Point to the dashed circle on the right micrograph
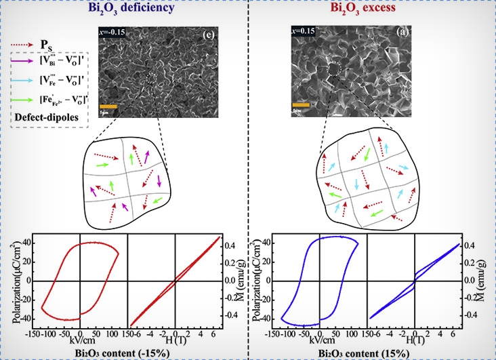(x=333, y=70)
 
